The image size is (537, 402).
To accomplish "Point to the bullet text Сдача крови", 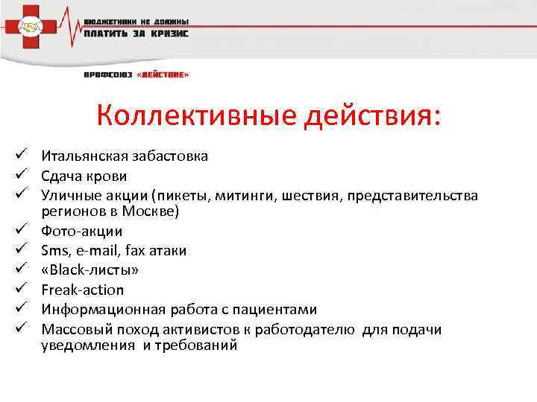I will pos(84,176).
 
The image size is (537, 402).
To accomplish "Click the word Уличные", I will pos(69,195).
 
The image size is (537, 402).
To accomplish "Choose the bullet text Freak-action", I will pos(83,290).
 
